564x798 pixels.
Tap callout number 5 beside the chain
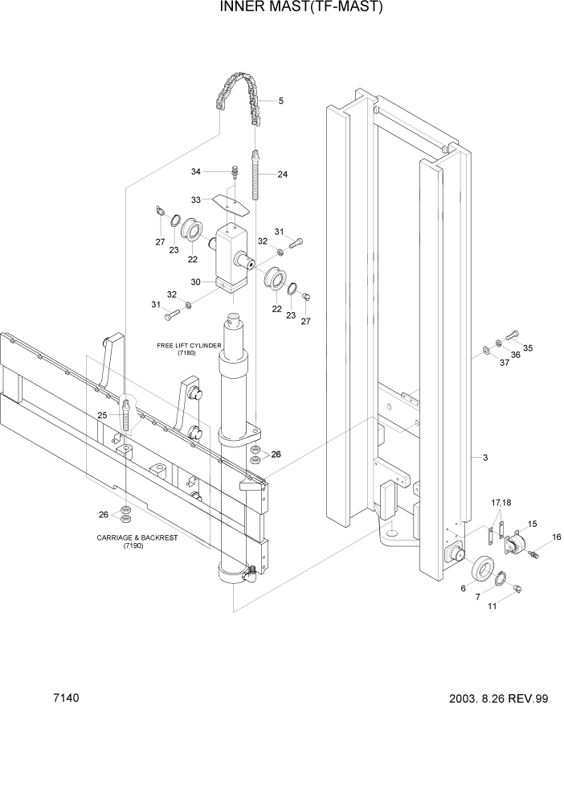tap(280, 101)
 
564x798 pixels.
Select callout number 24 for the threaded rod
tap(282, 175)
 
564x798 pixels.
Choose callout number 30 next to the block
tap(195, 282)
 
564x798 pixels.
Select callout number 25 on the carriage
tap(102, 415)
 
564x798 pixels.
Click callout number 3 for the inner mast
tap(485, 458)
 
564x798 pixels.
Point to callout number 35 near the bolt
tap(527, 348)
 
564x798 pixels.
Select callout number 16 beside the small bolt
tap(556, 537)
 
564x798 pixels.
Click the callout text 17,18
tap(501, 503)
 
